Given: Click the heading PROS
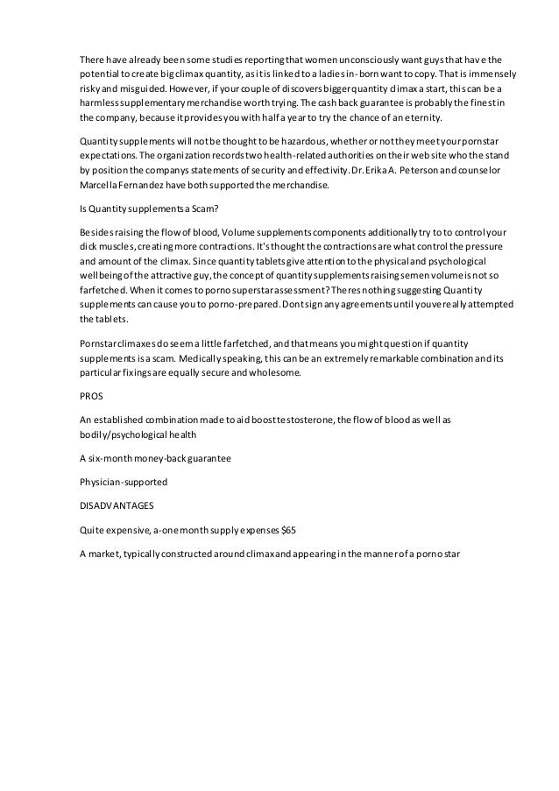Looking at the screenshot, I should (90, 394).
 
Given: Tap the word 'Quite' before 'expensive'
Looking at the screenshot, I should (92, 531).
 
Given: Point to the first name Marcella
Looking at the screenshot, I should (98, 186).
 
